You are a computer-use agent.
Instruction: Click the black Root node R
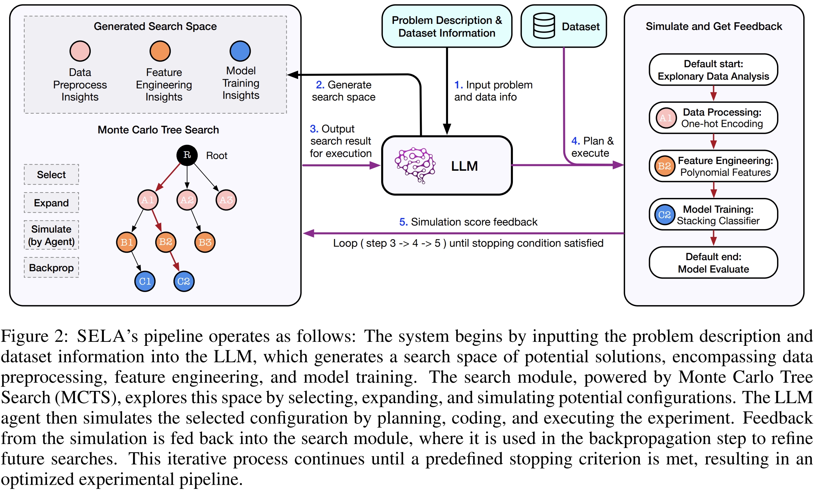click(x=187, y=155)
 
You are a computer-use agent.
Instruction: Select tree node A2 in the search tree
click(x=187, y=200)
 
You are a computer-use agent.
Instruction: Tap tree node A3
click(x=226, y=200)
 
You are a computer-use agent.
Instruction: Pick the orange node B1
click(x=126, y=242)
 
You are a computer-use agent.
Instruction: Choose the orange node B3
click(x=205, y=242)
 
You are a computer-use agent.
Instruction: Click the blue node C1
click(x=145, y=281)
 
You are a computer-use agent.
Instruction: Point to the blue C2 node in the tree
click(x=184, y=281)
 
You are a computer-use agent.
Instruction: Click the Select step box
click(x=51, y=174)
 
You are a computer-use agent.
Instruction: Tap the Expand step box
click(x=51, y=203)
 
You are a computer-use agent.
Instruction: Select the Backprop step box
click(x=51, y=268)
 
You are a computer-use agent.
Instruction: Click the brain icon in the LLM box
click(x=415, y=165)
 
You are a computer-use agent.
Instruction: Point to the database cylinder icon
click(x=544, y=26)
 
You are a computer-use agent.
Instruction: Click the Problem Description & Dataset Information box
click(x=447, y=27)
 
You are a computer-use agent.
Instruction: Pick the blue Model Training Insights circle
click(x=240, y=51)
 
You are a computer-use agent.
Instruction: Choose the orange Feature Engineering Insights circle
click(x=160, y=51)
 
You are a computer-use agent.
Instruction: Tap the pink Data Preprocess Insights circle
click(x=80, y=51)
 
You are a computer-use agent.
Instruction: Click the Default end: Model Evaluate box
click(x=713, y=263)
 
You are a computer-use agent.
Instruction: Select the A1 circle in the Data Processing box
click(x=666, y=118)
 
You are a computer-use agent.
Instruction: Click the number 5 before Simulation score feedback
click(x=403, y=222)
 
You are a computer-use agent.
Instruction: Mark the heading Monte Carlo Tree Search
click(x=158, y=130)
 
